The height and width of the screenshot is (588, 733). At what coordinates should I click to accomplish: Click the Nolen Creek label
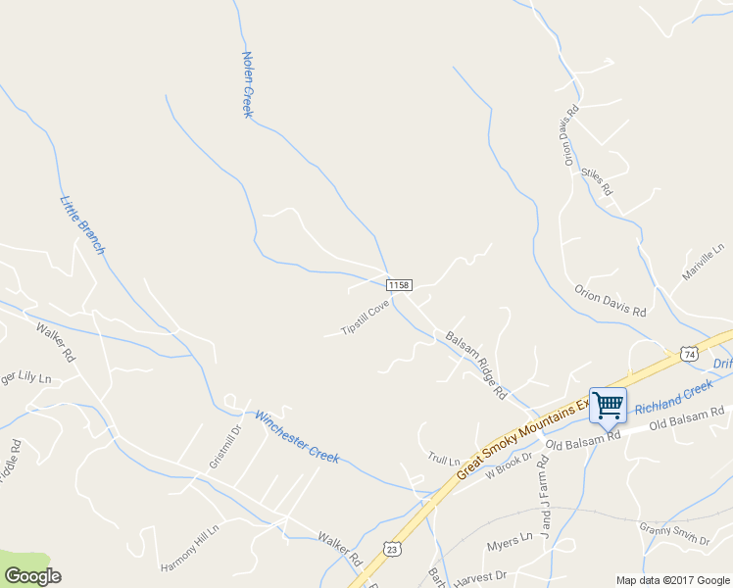click(x=248, y=85)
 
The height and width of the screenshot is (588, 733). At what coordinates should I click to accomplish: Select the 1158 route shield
click(x=398, y=284)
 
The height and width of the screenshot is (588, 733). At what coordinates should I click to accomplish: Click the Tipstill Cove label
click(x=365, y=318)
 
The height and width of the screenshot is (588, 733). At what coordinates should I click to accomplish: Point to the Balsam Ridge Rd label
click(x=475, y=365)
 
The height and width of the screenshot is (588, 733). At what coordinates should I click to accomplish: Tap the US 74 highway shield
click(x=690, y=353)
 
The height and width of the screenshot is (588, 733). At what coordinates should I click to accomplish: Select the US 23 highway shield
click(x=390, y=551)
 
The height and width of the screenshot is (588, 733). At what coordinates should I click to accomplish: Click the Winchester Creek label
click(x=297, y=436)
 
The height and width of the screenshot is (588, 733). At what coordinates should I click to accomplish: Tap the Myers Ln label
click(x=509, y=540)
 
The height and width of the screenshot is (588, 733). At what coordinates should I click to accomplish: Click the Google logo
click(x=31, y=576)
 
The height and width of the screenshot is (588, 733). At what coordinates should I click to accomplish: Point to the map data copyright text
click(x=671, y=580)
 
